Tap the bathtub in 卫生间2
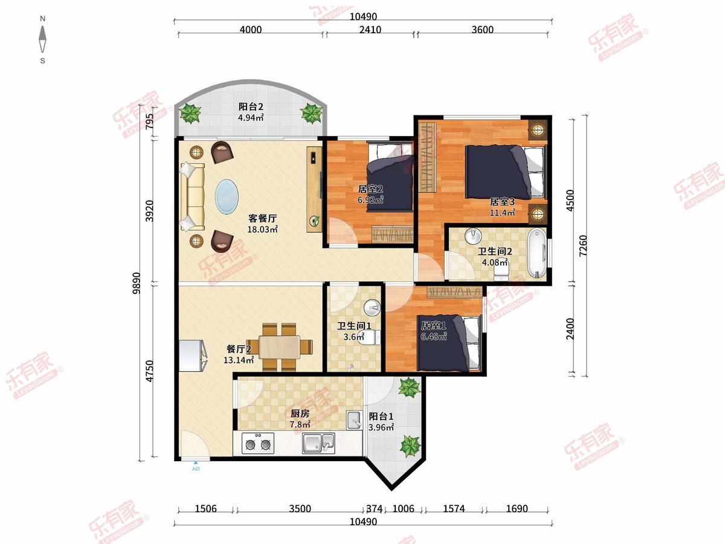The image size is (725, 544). [536, 253]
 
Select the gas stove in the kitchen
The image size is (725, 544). [258, 443]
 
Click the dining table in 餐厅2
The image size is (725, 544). [280, 347]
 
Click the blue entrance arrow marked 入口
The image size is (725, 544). [196, 463]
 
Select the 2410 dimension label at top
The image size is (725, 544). [370, 30]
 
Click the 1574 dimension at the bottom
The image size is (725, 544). [454, 508]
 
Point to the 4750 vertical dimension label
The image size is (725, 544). [150, 371]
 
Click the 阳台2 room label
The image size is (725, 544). [251, 107]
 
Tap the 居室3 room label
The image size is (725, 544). [502, 201]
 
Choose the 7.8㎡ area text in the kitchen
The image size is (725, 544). [300, 424]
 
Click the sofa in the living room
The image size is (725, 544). [192, 196]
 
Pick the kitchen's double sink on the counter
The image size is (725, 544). [318, 443]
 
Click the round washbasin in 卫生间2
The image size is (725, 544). [473, 236]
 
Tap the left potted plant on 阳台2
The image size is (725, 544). [190, 113]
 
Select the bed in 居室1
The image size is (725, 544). [448, 343]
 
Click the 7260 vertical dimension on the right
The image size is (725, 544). [583, 245]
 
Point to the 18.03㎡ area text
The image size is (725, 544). [263, 229]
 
